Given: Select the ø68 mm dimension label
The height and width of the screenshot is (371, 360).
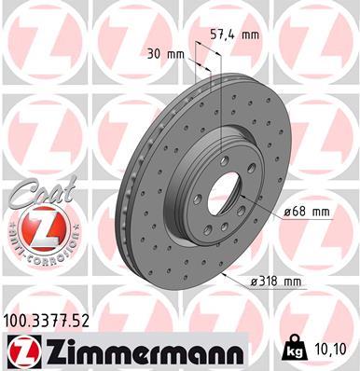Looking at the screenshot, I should coord(307,212).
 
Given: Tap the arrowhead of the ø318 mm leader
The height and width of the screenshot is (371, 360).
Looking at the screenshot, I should coord(225,275).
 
